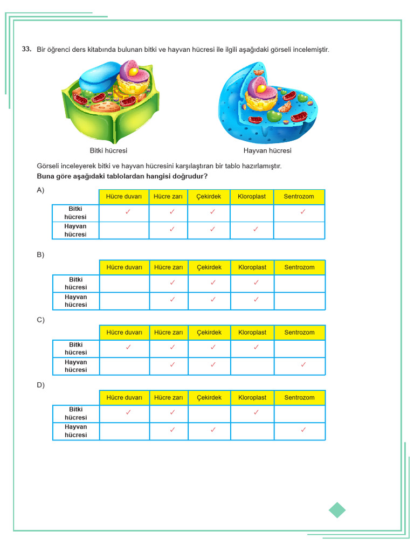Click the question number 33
coord(26,49)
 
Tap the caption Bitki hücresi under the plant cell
coord(108,151)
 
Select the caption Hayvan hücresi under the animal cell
coord(267,151)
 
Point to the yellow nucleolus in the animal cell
coord(261,88)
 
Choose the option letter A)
coord(40,190)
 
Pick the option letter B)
coord(40,255)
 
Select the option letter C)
coord(40,320)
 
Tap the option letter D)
coord(40,385)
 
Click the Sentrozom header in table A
coord(299,197)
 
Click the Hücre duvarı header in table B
coord(125,267)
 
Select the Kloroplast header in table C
coord(252,333)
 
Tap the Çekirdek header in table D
coord(209,398)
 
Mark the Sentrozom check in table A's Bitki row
coord(303,212)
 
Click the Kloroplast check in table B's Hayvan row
coord(256,300)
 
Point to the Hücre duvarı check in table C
coord(128,348)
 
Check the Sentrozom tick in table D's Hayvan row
coord(303,430)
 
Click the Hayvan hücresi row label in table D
coord(76,431)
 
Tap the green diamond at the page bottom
coord(337,510)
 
